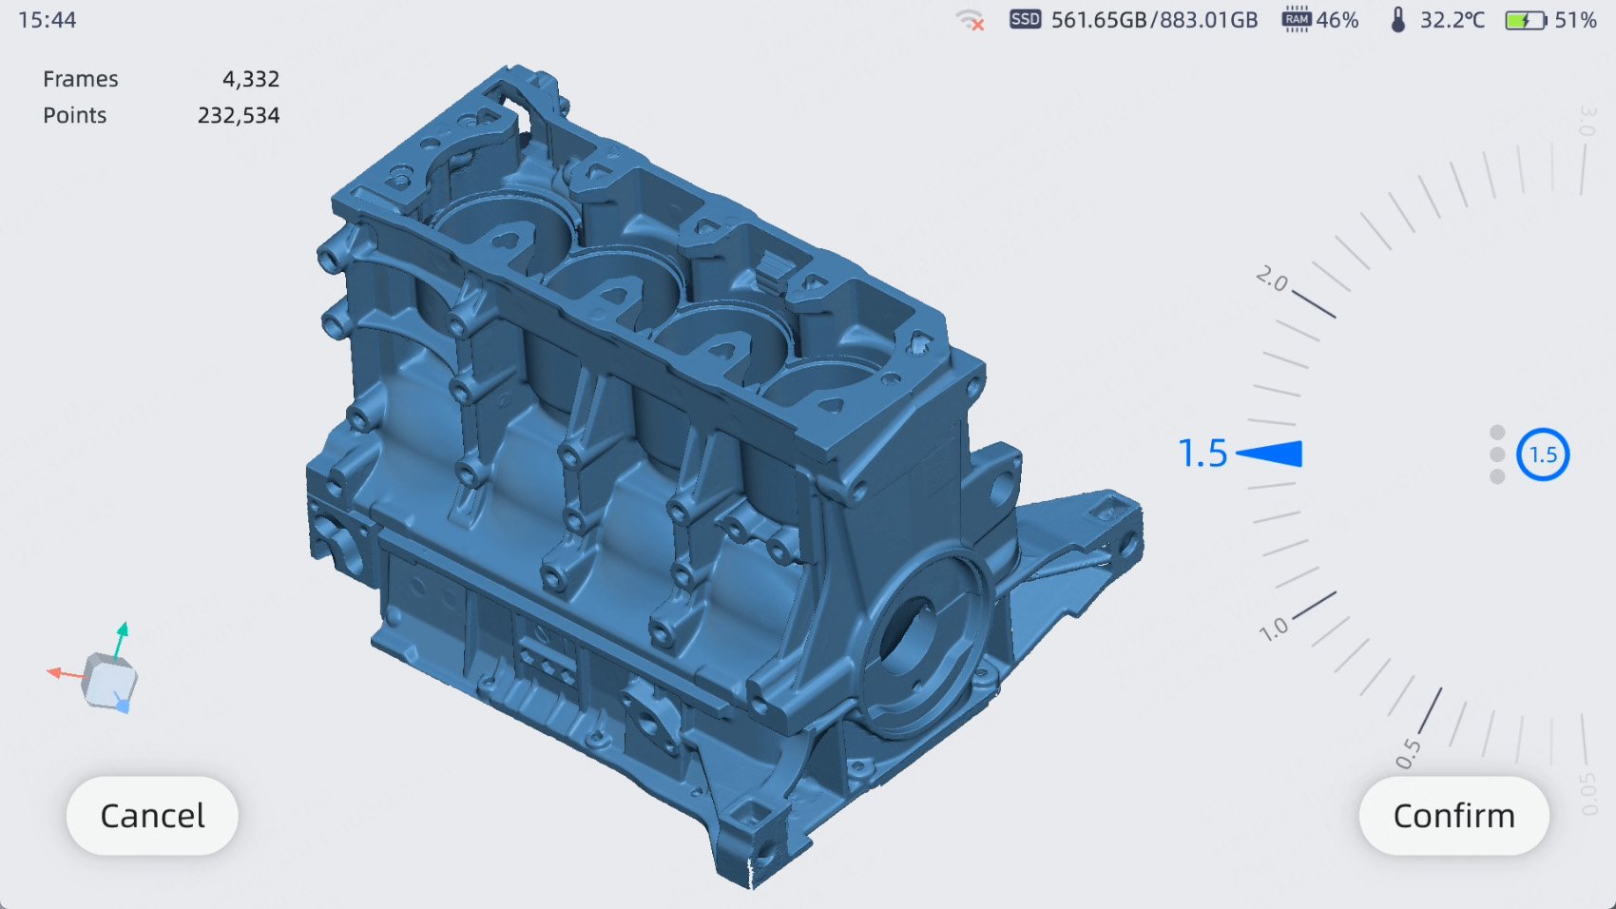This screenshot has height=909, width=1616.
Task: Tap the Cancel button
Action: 152,816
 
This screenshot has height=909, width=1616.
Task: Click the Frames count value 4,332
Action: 250,79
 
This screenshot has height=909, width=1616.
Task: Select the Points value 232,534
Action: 238,115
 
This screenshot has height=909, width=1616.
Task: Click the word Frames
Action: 80,79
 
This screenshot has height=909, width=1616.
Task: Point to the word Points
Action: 74,115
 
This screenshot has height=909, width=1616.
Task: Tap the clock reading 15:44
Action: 47,19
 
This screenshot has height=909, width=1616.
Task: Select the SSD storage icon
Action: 1025,19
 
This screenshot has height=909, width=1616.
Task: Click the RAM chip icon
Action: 1297,19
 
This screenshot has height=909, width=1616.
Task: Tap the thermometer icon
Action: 1398,19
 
